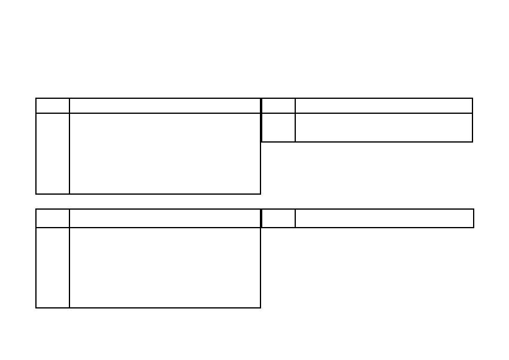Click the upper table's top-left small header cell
pos(53,106)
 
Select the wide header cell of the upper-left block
pos(165,106)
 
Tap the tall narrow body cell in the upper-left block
pos(53,153)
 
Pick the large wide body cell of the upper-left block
pos(165,153)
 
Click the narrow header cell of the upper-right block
pos(278,106)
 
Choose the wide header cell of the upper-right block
pos(384,106)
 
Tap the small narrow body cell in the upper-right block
pos(278,128)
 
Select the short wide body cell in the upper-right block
pos(384,128)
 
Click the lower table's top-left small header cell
pos(53,218)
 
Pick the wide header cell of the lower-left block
pos(165,218)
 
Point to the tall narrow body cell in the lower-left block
pos(53,268)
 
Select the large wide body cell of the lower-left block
pos(165,268)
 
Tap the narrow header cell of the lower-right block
pos(278,218)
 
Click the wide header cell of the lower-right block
pos(384,218)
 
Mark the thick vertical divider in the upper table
pos(261,120)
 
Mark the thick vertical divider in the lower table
pos(261,218)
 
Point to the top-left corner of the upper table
pos(36,99)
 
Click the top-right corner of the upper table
pos(472,99)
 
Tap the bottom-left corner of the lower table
pos(36,308)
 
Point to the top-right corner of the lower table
pos(474,209)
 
